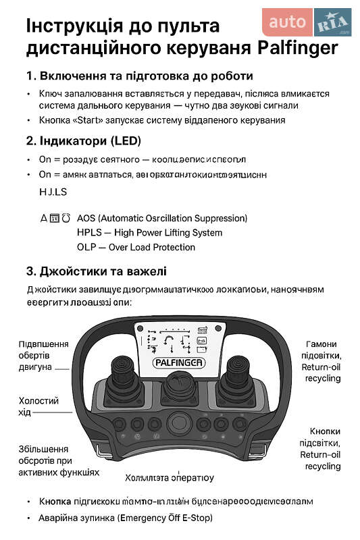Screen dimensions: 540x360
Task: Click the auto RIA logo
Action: [x=307, y=22]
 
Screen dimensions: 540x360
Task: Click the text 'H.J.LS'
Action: [x=53, y=192]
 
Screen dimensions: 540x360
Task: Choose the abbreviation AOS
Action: [x=87, y=219]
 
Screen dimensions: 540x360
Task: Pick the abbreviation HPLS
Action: [x=90, y=233]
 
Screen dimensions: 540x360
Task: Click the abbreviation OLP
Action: [x=87, y=247]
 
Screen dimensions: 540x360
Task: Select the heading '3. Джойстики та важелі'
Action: [x=97, y=271]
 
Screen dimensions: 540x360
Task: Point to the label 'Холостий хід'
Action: [x=38, y=406]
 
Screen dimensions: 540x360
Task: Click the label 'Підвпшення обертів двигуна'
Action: [x=43, y=356]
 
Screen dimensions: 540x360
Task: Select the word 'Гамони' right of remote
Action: [x=321, y=344]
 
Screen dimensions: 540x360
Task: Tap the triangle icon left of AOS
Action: [x=45, y=219]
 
